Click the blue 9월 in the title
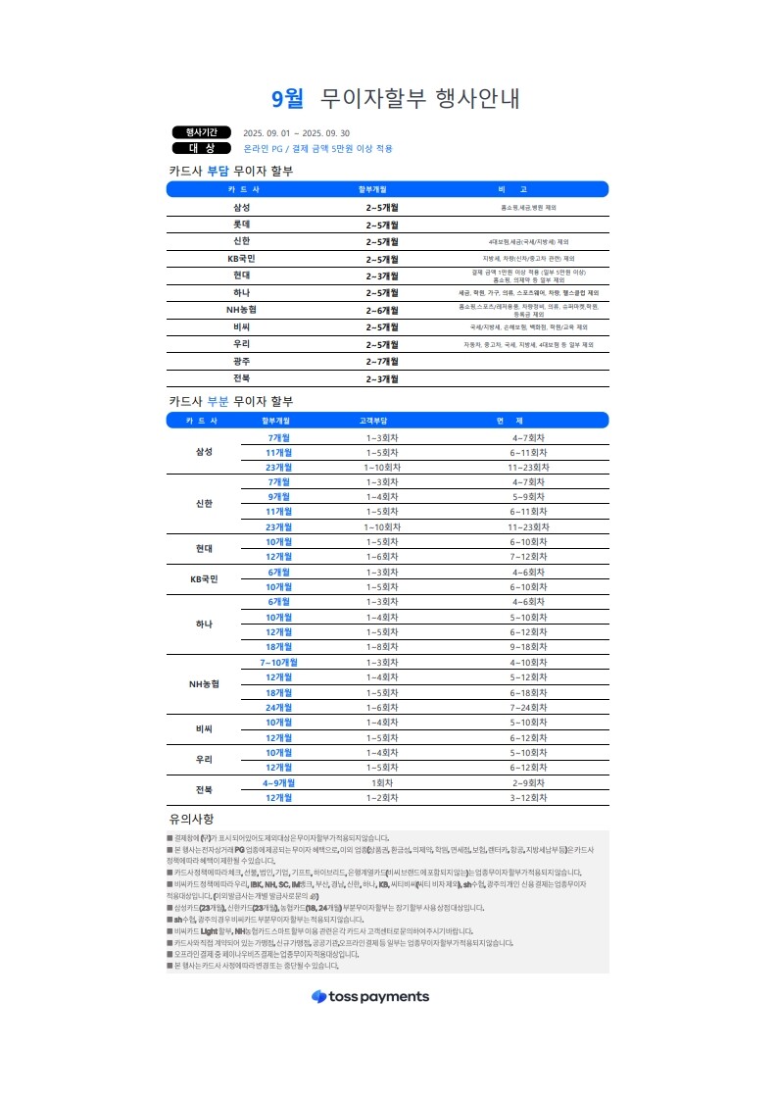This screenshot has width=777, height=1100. click(x=287, y=98)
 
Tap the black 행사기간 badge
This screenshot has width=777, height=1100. click(x=202, y=132)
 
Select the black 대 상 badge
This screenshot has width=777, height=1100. click(x=202, y=148)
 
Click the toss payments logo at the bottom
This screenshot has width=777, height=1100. click(x=370, y=970)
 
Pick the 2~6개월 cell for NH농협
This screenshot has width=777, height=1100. click(x=382, y=310)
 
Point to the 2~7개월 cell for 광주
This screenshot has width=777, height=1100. click(x=382, y=362)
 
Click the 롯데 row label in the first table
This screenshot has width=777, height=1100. click(x=242, y=225)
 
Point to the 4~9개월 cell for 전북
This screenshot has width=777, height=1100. click(x=279, y=783)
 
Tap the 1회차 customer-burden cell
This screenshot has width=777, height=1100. click(x=382, y=783)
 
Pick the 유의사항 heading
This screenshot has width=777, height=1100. click(x=191, y=819)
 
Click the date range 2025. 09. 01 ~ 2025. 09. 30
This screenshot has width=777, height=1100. click(x=296, y=133)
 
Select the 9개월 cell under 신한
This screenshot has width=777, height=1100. click(x=279, y=497)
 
